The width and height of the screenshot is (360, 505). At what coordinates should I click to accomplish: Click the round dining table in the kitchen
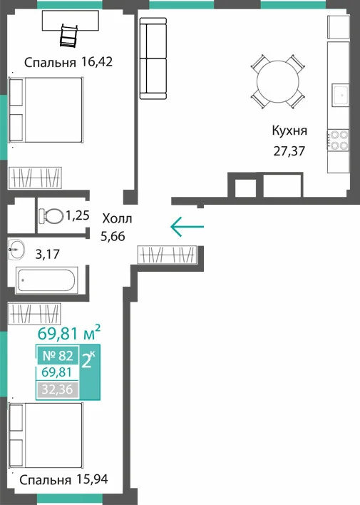pyautogui.click(x=278, y=81)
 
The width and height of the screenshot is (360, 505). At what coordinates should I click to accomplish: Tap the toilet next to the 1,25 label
pyautogui.click(x=51, y=216)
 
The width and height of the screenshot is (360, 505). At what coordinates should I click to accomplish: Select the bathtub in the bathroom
pyautogui.click(x=46, y=280)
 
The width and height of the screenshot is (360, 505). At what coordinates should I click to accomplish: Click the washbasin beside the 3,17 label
pyautogui.click(x=16, y=249)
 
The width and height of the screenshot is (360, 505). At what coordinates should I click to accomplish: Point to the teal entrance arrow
pyautogui.click(x=187, y=227)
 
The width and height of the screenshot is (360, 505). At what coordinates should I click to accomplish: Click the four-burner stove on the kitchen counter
pyautogui.click(x=338, y=141)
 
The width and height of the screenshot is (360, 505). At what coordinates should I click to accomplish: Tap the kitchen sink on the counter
pyautogui.click(x=340, y=95)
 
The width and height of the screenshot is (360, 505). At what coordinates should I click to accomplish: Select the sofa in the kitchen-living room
pyautogui.click(x=153, y=58)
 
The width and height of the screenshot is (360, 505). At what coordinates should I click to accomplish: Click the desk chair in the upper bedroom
pyautogui.click(x=69, y=35)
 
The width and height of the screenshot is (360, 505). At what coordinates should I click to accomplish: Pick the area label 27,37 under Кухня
pyautogui.click(x=289, y=151)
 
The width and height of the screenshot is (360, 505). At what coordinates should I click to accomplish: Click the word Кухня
pyautogui.click(x=289, y=131)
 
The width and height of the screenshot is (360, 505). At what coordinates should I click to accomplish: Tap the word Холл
pyautogui.click(x=117, y=219)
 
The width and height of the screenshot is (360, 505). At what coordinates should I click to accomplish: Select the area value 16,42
pyautogui.click(x=97, y=61)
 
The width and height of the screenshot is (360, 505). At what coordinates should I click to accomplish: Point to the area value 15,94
pyautogui.click(x=93, y=479)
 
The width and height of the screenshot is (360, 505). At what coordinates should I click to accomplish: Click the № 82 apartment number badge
pyautogui.click(x=58, y=355)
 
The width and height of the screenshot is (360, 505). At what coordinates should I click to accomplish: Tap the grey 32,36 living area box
pyautogui.click(x=58, y=389)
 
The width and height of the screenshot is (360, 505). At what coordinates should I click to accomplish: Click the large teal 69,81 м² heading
pyautogui.click(x=69, y=333)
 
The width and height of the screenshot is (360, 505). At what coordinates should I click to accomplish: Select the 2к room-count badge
pyautogui.click(x=89, y=361)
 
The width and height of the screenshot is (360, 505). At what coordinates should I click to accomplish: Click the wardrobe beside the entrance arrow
pyautogui.click(x=167, y=255)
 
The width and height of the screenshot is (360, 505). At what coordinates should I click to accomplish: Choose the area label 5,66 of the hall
pyautogui.click(x=113, y=236)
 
